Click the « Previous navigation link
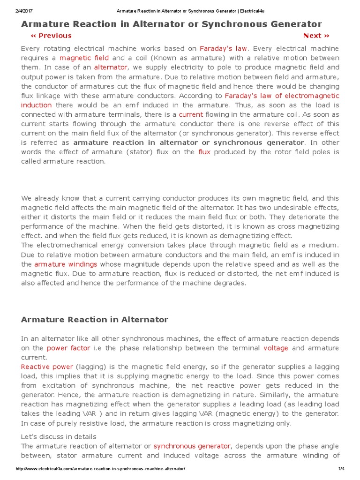coord(51,36)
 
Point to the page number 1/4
coord(341,469)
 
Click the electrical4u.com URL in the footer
coord(100,469)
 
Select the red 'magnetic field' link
coord(84,58)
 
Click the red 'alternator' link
coord(111,67)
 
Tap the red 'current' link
coord(191,114)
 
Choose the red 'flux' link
coord(204,152)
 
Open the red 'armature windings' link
coord(66,264)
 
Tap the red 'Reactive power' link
coord(47,367)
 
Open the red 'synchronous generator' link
coord(192,446)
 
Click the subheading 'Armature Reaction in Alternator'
coord(94,320)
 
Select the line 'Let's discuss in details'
coord(59,436)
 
